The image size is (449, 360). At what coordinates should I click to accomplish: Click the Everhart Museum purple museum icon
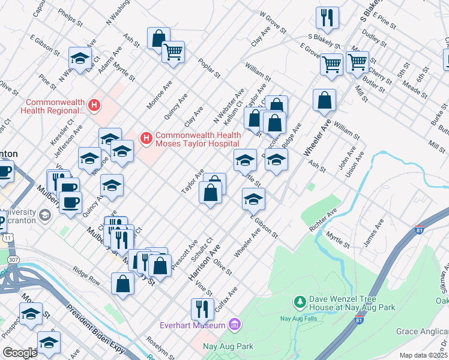(x=235, y=325)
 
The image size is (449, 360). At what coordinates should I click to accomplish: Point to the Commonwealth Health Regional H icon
(x=94, y=106)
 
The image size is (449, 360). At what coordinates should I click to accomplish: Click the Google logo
(x=20, y=352)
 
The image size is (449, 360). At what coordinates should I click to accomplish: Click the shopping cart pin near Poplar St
(x=173, y=52)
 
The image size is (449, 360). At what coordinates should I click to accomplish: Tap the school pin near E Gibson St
(x=254, y=199)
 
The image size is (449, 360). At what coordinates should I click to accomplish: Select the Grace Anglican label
(x=422, y=331)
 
